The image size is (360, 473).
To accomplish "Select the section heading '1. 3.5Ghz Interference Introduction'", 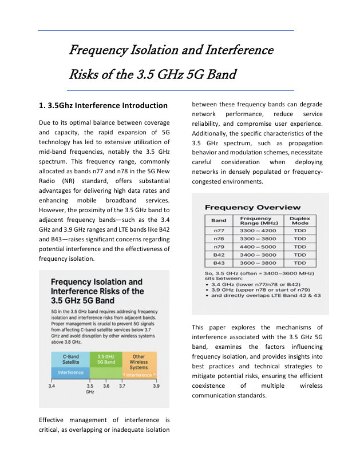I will coord(103,105).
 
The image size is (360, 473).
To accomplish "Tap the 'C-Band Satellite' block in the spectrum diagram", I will coord(70,359).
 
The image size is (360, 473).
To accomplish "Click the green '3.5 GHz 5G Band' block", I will coord(106,359).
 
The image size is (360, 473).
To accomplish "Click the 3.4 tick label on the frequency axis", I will coord(52,387).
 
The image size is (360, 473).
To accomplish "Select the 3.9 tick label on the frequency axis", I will coord(156,387).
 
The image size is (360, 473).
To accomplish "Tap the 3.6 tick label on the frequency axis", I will coord(106,387).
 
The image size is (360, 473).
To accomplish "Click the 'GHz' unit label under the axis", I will coord(90,392).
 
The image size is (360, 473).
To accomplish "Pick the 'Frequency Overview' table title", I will coord(252,207).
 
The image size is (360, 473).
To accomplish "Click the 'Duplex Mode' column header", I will coord(299,220).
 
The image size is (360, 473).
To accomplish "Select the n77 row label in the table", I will coord(219,230).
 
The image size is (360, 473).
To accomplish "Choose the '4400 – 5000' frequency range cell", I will coord(259,247).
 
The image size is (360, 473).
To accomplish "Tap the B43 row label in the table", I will coord(219,263).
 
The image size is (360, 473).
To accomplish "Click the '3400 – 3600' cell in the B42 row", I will coord(259,255).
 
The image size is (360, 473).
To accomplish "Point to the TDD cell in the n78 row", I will coord(299,239).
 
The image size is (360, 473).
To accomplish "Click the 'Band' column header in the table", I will coord(219,220).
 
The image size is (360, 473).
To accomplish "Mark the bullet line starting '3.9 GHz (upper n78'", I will coord(260,290).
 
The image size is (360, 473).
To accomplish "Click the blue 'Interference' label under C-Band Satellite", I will coord(70,373).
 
